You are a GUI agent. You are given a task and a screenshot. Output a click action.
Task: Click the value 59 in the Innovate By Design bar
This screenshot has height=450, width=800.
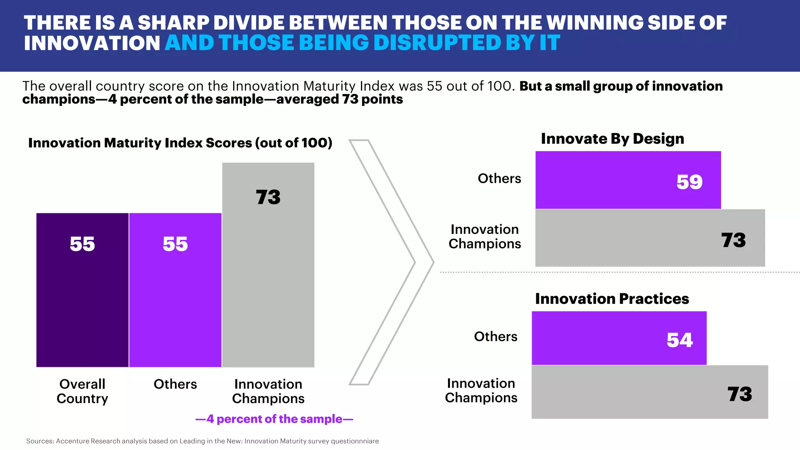tap(689, 182)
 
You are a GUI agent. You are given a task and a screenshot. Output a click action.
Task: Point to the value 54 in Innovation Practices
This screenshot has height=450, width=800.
tap(680, 340)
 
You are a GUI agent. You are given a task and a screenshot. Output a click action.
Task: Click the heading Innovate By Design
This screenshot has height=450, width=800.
tap(612, 139)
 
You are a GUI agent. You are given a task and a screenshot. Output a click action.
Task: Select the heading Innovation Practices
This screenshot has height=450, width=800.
tap(612, 299)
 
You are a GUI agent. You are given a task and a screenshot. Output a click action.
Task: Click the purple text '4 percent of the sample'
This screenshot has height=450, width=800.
tap(274, 419)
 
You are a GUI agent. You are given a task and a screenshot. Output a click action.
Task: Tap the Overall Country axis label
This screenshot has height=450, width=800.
tap(82, 391)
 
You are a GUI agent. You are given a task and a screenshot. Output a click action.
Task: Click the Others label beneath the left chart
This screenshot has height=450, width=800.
tap(175, 384)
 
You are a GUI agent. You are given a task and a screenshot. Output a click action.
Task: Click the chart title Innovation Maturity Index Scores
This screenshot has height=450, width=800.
tap(180, 143)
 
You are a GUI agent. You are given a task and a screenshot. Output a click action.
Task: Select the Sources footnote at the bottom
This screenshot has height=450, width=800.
tap(202, 441)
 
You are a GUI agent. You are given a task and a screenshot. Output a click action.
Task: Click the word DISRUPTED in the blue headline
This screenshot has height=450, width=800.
tap(435, 43)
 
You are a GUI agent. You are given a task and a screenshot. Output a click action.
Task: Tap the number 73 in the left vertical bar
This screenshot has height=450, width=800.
tap(268, 197)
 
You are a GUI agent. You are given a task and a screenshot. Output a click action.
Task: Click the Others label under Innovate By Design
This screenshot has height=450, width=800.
tap(499, 179)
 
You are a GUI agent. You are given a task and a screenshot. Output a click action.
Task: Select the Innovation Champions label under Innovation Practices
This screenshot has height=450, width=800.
tap(481, 391)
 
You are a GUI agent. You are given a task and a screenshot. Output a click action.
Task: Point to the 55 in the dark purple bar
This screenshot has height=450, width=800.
tap(82, 244)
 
